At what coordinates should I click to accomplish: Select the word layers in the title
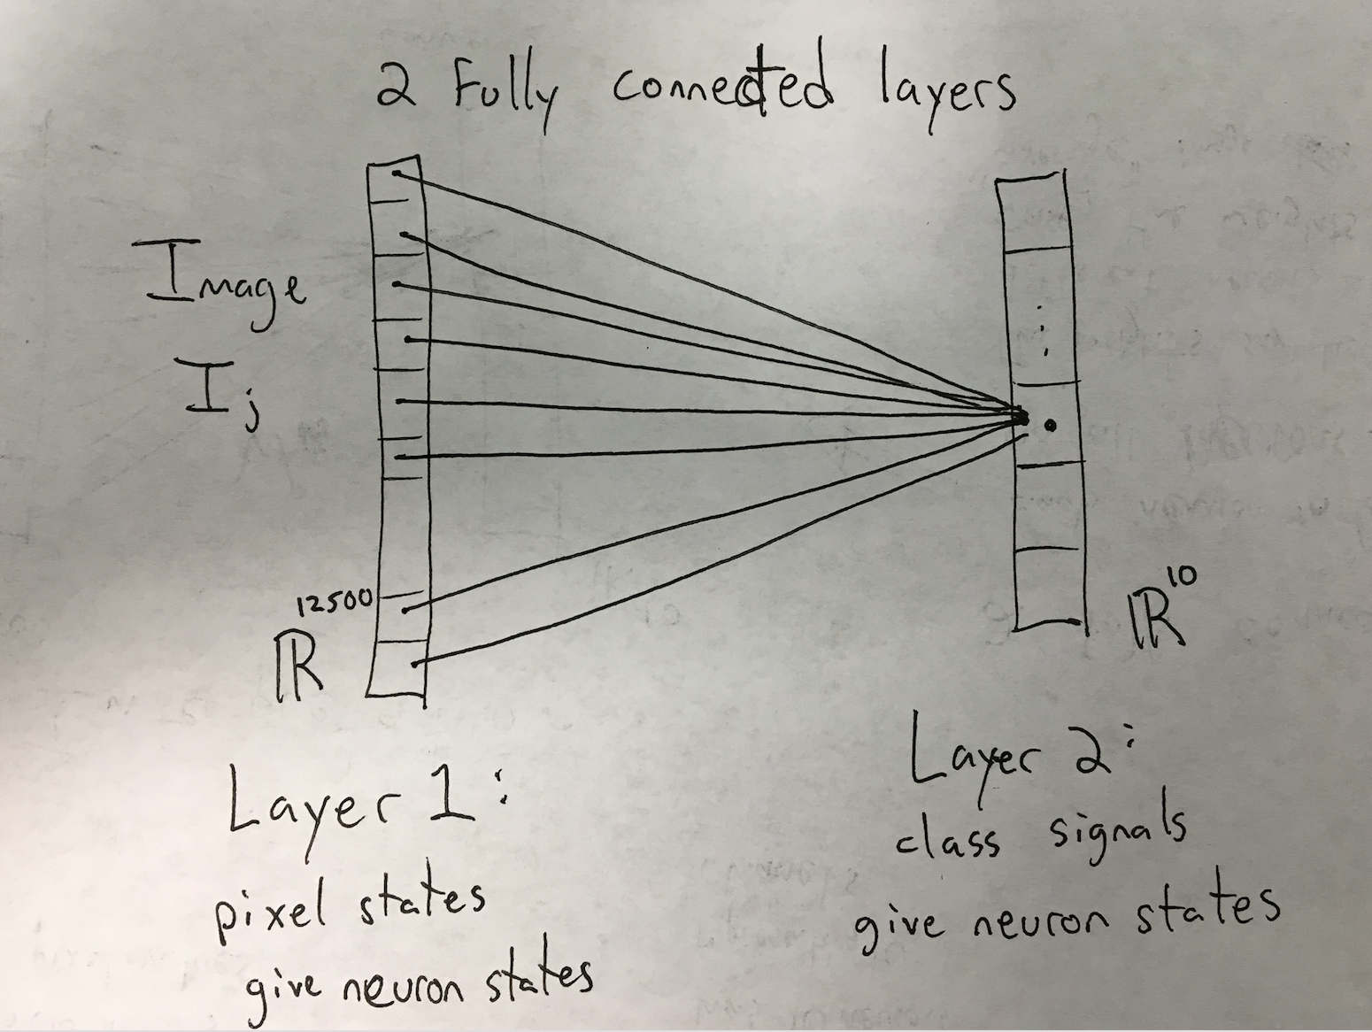(x=944, y=91)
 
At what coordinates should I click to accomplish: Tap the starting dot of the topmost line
(x=395, y=174)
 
